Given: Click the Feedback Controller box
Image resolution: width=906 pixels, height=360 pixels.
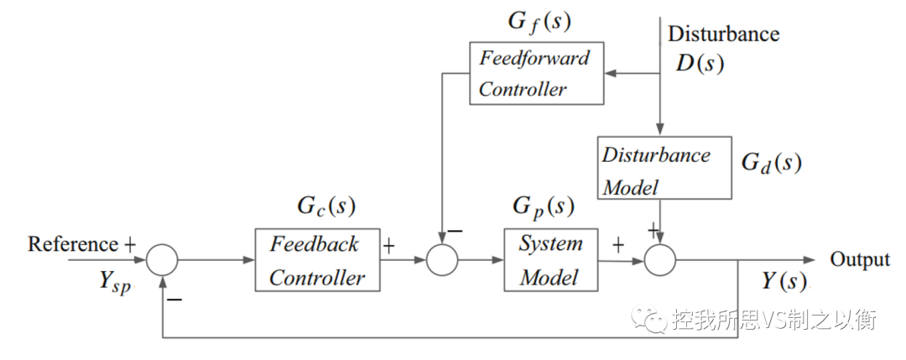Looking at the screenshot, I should (317, 260).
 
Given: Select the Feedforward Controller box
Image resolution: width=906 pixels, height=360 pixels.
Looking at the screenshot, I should (534, 73).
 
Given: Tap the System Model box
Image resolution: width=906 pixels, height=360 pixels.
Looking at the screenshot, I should (550, 260).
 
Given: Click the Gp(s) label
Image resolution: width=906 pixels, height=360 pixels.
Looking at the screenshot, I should (543, 206).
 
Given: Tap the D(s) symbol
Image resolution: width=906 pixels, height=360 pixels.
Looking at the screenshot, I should (699, 63).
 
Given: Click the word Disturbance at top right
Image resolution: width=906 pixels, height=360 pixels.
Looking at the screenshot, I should (723, 34).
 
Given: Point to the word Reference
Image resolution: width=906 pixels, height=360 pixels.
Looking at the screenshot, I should (73, 244).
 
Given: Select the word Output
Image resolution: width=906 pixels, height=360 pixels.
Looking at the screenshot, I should (859, 259).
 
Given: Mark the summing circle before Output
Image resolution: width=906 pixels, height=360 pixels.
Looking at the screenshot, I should (660, 261).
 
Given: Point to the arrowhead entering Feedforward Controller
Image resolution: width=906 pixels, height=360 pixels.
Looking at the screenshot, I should (610, 73).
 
